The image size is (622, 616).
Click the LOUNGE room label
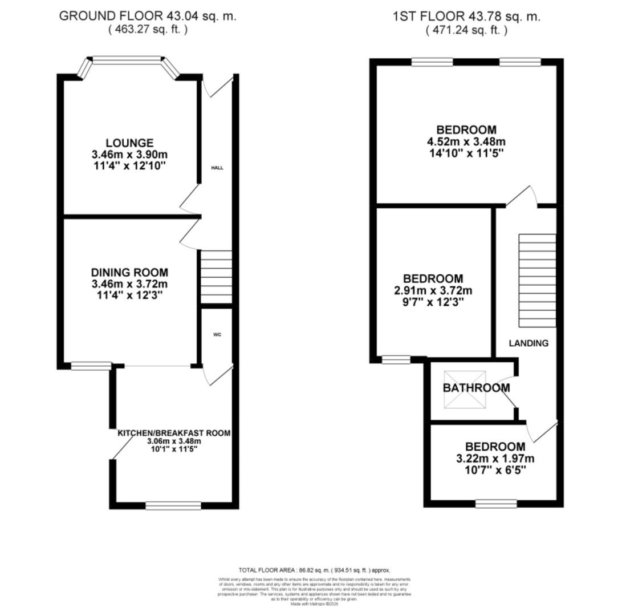tap(129, 143)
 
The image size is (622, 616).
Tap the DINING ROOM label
tap(129, 273)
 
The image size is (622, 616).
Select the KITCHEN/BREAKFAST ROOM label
tap(174, 433)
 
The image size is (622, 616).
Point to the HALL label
tap(217, 168)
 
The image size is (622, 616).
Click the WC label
tap(217, 335)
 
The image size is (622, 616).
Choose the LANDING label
tap(529, 343)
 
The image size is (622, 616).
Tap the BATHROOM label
tap(476, 388)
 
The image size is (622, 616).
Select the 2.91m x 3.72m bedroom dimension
tap(433, 290)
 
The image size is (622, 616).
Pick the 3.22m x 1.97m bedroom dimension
tap(495, 458)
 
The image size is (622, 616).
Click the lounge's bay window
tap(128, 58)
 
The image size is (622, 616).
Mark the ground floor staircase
tap(217, 277)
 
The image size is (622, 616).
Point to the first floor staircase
tap(537, 279)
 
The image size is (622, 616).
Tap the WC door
tap(219, 375)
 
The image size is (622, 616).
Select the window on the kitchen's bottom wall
tap(173, 505)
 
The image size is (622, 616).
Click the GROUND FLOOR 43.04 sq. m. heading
tap(148, 16)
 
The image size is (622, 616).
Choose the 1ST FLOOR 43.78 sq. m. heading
tap(466, 16)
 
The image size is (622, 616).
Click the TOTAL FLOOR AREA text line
tap(314, 570)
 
